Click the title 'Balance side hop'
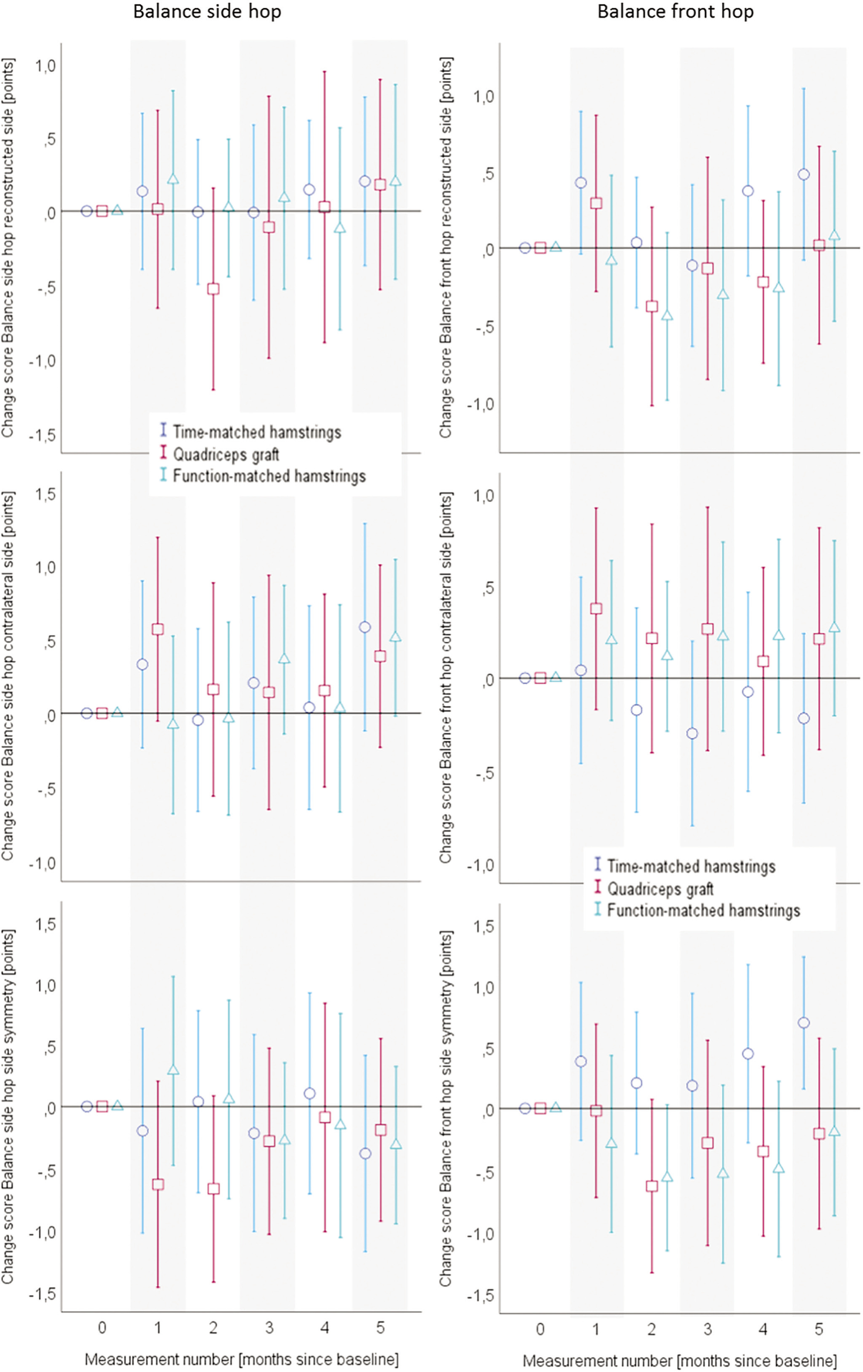pos(207,12)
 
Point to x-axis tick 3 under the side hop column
pos(269,1328)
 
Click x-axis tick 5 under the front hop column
pos(819,1329)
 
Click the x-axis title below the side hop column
pos(241,1359)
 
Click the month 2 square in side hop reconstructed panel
pos(213,289)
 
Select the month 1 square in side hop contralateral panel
pos(158,629)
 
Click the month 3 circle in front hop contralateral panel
pos(692,733)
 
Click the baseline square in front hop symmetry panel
pos(540,1108)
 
